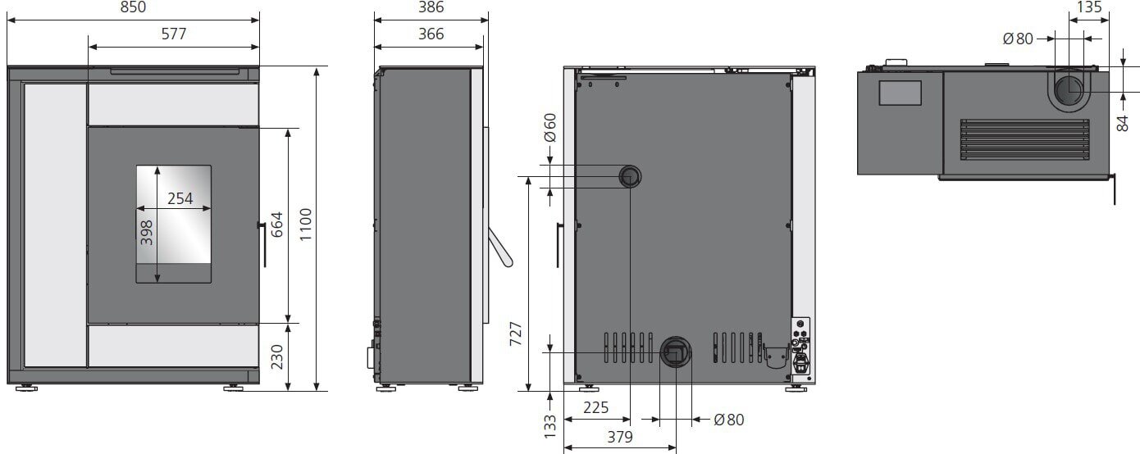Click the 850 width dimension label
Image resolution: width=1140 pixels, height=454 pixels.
coord(134,7)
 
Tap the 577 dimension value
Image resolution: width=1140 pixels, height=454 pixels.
coord(174,34)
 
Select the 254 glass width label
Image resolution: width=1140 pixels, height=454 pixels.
coord(180,198)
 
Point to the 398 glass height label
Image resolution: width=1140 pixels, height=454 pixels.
coord(147,233)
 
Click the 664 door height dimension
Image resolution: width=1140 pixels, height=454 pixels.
coord(277,225)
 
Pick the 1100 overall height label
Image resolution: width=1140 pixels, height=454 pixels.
coord(305,225)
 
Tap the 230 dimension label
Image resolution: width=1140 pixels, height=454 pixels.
coord(277,357)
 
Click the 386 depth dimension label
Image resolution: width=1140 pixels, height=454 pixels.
coord(431,7)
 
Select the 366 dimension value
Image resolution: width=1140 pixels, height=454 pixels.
coord(431,34)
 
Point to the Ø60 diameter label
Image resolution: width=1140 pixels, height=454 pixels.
coord(550,128)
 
